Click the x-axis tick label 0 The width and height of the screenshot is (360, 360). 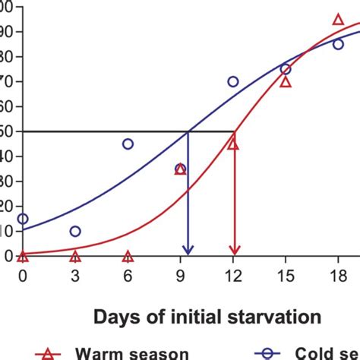tap(23, 278)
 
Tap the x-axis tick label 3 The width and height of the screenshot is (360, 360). tap(75, 278)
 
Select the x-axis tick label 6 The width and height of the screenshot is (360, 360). tap(128, 278)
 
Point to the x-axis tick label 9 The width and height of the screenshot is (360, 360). tap(180, 278)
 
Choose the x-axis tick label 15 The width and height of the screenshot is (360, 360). tap(286, 278)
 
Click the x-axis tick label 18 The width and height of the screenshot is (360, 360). tap(338, 278)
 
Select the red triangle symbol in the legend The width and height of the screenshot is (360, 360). tap(49, 352)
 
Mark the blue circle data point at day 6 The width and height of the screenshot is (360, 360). tap(128, 144)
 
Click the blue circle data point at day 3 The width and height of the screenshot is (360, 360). tap(75, 231)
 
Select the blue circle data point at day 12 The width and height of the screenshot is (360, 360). tap(233, 81)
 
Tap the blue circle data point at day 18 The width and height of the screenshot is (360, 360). tap(338, 44)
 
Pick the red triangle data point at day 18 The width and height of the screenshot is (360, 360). tap(338, 19)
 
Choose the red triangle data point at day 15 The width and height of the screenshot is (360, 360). tap(286, 81)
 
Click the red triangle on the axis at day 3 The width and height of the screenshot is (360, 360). tap(75, 256)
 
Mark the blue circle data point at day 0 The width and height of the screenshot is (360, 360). tap(23, 219)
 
